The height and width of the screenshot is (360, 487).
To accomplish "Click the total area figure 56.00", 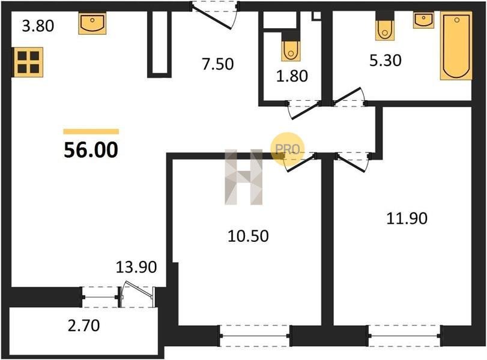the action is click(91, 150).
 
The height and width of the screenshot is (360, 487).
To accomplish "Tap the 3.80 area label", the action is click(38, 26).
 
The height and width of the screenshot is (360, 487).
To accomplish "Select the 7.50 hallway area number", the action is click(217, 64).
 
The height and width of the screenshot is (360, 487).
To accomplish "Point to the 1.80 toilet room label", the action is click(292, 76).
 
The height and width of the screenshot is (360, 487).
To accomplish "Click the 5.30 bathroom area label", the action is click(385, 60).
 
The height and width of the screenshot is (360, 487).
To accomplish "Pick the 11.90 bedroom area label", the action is click(407, 218).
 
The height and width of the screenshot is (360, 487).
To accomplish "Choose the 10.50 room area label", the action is click(248, 236).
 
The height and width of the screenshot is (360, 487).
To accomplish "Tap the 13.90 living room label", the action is click(136, 267).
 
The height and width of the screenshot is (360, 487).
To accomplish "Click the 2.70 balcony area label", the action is click(84, 326).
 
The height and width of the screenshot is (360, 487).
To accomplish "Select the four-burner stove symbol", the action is click(28, 62).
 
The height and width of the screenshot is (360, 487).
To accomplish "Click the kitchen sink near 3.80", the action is click(92, 23).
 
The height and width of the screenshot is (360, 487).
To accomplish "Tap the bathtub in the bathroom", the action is click(456, 46).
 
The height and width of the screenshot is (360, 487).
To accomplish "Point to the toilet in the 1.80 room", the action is click(291, 50).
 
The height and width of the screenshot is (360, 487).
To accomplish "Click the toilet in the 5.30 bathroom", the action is click(385, 31).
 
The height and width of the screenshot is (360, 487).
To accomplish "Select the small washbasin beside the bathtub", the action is click(423, 20).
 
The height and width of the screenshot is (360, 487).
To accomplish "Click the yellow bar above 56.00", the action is click(91, 131).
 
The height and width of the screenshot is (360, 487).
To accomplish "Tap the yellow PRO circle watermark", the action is click(287, 149).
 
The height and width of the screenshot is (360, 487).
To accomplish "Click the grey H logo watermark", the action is click(244, 177).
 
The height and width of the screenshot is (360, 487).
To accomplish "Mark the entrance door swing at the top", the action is click(215, 15).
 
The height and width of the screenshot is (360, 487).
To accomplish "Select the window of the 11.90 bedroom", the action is click(404, 336).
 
